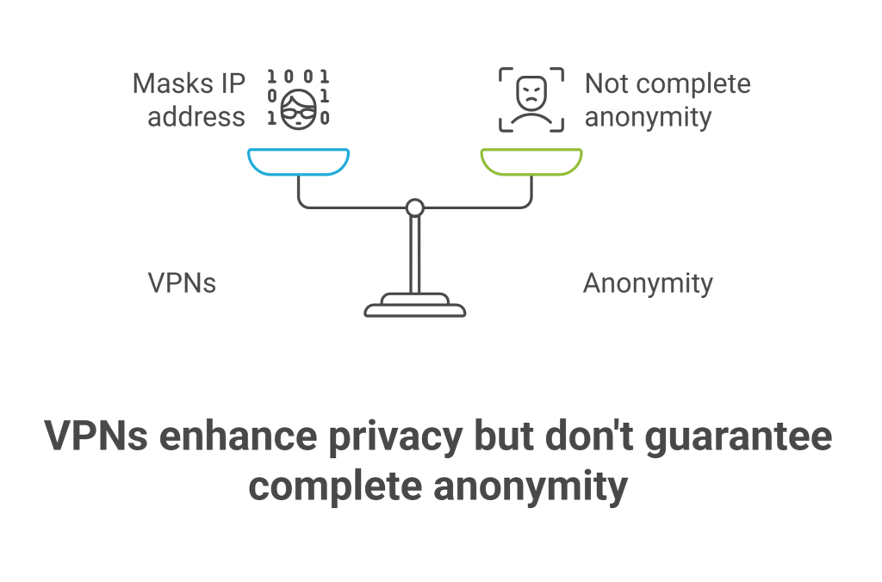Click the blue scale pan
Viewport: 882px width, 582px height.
point(298,160)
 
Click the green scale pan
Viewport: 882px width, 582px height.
point(531,160)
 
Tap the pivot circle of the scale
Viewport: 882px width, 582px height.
point(414,207)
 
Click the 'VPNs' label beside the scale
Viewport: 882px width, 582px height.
point(182,282)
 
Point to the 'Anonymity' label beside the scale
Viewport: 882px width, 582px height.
point(648,282)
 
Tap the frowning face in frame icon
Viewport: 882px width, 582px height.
point(531,99)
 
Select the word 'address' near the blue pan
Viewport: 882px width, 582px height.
point(196,116)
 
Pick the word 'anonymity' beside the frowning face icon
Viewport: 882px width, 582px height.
point(648,116)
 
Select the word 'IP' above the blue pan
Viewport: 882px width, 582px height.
point(230,84)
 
